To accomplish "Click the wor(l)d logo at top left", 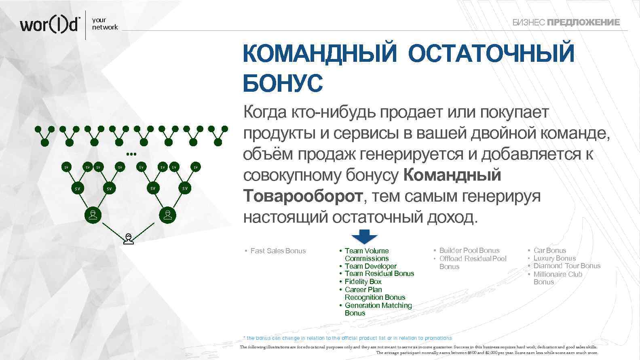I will [50, 25].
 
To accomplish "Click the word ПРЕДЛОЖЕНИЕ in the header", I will [583, 23].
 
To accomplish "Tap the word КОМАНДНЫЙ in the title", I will [320, 53].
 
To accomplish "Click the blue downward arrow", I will [364, 237].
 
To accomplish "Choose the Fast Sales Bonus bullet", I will [278, 251].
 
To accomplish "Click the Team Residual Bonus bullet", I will [379, 274].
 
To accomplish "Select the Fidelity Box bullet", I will [363, 282].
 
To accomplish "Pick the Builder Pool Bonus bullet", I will [469, 251].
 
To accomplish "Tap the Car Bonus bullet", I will [549, 251].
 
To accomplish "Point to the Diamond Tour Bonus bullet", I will [566, 266].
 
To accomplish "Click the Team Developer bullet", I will [370, 266].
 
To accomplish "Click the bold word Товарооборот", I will [303, 196].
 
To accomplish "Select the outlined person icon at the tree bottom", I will [129, 239].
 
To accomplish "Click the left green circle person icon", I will [93, 215].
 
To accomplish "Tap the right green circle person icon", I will [167, 215].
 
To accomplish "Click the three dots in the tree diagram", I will [131, 154].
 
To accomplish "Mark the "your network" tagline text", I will [105, 23].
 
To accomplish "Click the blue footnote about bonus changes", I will [347, 338].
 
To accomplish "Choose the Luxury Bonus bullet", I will [554, 258].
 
